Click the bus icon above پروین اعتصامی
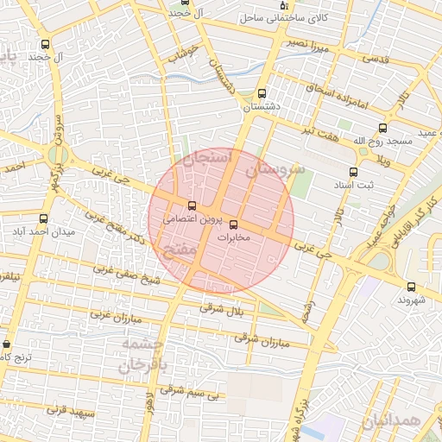(192, 205)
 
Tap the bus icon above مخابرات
(233, 224)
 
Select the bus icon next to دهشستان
(262, 94)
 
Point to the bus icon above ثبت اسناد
(352, 171)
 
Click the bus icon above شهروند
(409, 287)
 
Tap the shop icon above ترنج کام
(8, 344)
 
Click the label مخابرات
(233, 237)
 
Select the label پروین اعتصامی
(192, 219)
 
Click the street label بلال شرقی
(224, 308)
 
